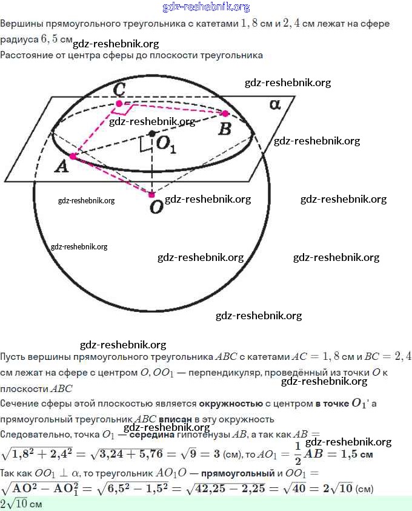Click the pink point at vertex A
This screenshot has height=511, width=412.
[73, 157]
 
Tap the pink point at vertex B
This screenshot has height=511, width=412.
[225, 113]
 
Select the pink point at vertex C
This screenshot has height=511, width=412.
[119, 104]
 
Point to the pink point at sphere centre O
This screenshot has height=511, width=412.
[151, 194]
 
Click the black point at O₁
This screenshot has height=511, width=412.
[151, 134]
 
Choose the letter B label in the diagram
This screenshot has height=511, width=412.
[224, 128]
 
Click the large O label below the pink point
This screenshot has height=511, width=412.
[156, 208]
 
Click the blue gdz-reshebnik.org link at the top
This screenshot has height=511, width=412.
[206, 7]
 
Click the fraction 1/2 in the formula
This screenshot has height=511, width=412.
[297, 453]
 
